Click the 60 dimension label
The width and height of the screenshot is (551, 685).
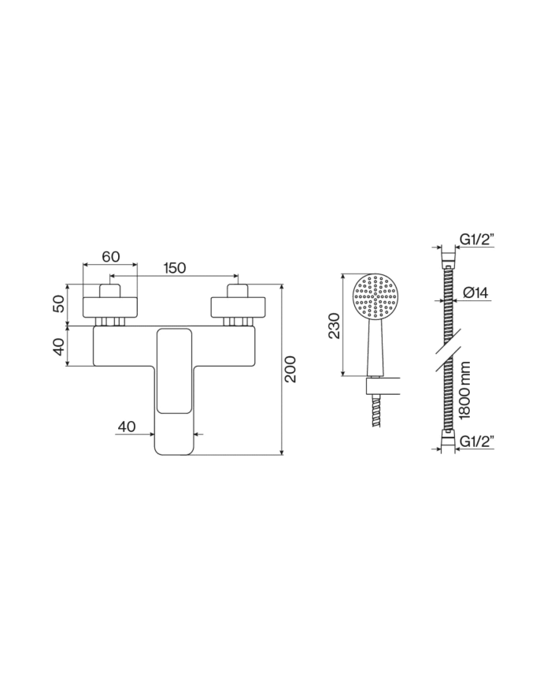(x=110, y=257)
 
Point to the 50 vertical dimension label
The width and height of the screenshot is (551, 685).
(x=57, y=303)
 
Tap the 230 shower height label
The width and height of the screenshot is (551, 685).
(x=334, y=326)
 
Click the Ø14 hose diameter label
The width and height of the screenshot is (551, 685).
(x=476, y=292)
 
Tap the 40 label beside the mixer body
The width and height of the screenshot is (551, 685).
(x=57, y=347)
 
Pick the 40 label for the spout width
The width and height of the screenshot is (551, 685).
(x=126, y=426)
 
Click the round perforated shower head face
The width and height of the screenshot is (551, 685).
(x=379, y=299)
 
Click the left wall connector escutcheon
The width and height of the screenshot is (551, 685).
(x=111, y=305)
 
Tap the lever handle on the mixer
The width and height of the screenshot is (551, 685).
(x=173, y=370)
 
